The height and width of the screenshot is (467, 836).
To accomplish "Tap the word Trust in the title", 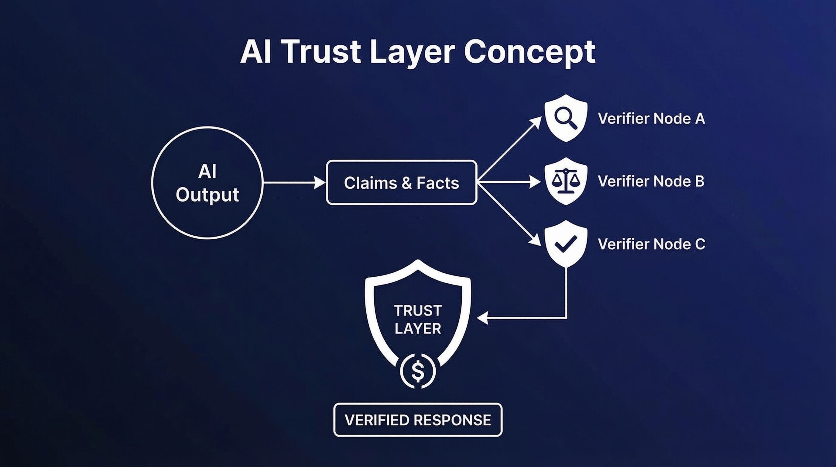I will pos(322,52).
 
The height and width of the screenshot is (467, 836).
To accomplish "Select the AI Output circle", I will pos(207,183).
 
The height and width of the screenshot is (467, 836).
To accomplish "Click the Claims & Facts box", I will pos(402,182).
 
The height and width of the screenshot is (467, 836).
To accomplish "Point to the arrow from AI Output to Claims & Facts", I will pos(294,183).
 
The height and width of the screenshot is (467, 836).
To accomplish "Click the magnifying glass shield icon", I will pos(566,118).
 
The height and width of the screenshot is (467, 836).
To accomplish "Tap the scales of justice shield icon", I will pos(566,181).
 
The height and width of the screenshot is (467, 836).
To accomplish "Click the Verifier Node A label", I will pos(651,119).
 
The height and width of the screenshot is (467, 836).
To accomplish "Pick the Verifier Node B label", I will pos(651,181).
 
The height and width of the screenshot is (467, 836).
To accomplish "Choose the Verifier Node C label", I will pos(651,244).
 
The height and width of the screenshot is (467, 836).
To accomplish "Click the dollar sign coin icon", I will pos(418,371).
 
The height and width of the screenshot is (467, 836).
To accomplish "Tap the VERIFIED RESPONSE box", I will pos(418,420).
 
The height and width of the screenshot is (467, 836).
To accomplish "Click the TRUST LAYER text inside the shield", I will pos(418,320).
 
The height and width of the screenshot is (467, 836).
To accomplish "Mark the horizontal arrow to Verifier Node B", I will pos(509,182).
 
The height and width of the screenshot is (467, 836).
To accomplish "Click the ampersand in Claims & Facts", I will pos(407,183).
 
